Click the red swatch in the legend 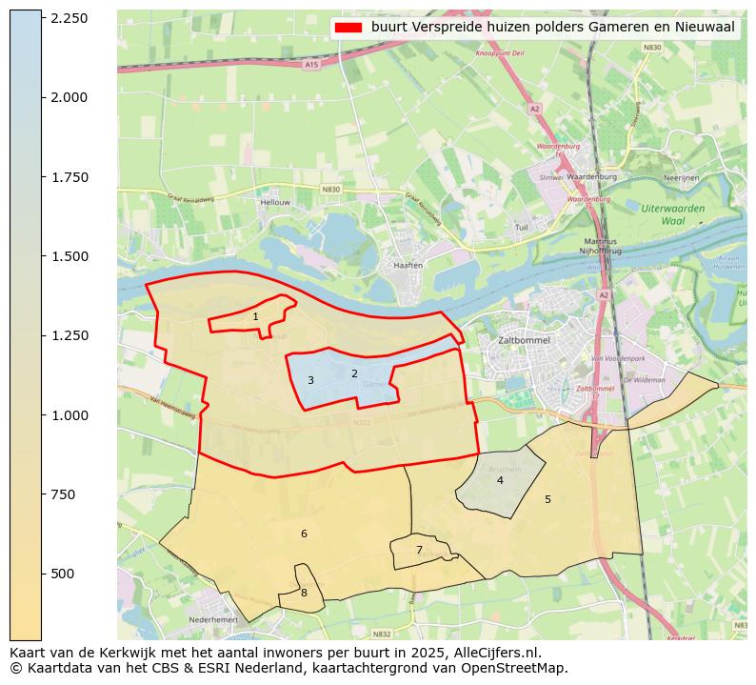(x=348, y=28)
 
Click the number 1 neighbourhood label (x=255, y=316)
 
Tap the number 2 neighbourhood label (x=354, y=373)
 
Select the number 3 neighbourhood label (x=310, y=380)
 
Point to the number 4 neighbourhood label (x=500, y=480)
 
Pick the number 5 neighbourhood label (x=547, y=499)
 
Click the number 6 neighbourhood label (x=304, y=534)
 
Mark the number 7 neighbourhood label (x=419, y=550)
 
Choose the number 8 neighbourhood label (x=304, y=593)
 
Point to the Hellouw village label (x=274, y=202)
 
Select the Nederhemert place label (x=212, y=619)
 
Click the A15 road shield (x=310, y=65)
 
